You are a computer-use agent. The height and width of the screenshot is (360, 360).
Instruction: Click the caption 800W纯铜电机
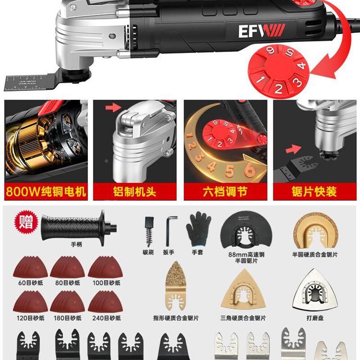[45, 192]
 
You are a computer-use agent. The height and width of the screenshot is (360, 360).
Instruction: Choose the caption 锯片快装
[315, 192]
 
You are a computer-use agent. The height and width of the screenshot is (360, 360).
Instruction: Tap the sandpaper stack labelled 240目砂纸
[105, 304]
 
